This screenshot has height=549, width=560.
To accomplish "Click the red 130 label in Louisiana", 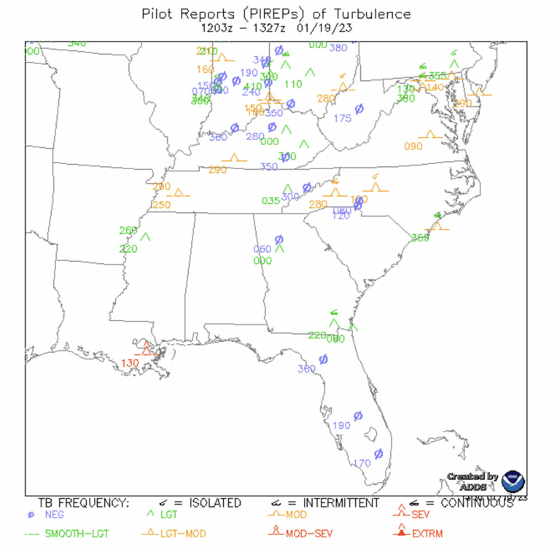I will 130,363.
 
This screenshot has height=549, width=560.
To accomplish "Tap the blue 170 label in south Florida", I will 362,463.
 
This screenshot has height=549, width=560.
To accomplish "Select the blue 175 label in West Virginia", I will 342,118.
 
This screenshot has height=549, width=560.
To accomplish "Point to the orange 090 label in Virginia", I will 413,146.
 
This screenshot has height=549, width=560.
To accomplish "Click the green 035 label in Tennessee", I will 271,200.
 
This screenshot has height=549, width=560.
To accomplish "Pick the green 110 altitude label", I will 293,84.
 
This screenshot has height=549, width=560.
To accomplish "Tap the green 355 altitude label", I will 437,76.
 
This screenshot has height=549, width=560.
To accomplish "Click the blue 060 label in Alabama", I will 262,249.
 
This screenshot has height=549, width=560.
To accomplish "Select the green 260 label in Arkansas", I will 128,230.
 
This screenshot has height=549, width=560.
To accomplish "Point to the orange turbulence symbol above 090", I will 430,135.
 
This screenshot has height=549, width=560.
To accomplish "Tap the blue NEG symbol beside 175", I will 359,109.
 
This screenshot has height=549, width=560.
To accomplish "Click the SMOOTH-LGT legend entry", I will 74,534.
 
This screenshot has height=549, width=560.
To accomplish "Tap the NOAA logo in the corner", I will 514,482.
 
